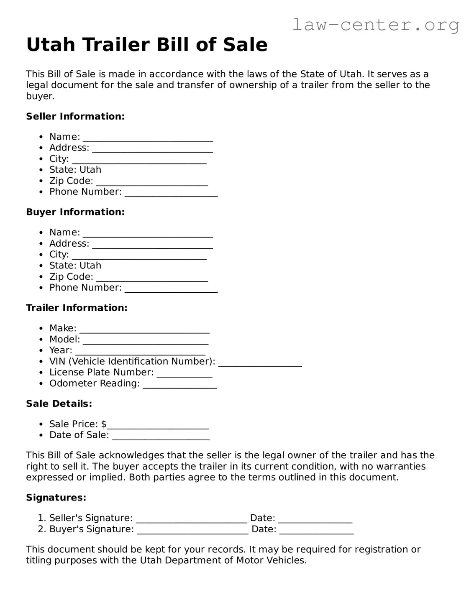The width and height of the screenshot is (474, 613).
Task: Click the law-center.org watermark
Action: click(375, 25)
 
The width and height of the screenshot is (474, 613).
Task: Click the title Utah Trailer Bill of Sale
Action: click(147, 45)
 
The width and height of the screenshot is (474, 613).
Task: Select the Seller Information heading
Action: click(75, 116)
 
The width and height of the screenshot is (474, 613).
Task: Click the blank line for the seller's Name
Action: click(148, 138)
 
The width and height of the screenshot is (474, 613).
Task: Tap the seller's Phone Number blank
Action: click(171, 193)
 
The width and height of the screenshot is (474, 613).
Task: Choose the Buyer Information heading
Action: click(75, 212)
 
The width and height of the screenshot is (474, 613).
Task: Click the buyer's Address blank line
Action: click(152, 245)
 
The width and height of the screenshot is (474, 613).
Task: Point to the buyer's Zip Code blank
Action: click(152, 278)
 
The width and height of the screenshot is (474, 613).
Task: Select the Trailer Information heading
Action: click(77, 308)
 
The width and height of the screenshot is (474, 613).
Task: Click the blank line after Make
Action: click(144, 329)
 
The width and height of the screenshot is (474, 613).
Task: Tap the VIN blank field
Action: click(260, 363)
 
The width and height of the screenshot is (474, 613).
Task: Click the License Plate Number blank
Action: click(184, 373)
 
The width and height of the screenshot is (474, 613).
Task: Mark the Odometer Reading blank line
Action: click(180, 385)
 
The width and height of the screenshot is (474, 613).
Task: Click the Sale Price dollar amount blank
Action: click(158, 425)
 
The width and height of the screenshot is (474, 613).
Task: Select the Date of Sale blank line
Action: click(161, 436)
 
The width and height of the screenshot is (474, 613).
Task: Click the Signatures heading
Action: click(56, 498)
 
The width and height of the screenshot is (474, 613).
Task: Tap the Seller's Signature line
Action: click(192, 519)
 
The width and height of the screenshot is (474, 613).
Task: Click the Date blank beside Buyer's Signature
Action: click(316, 530)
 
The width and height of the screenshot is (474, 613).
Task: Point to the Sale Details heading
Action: click(59, 404)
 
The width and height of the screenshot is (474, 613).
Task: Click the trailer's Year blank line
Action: click(140, 351)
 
